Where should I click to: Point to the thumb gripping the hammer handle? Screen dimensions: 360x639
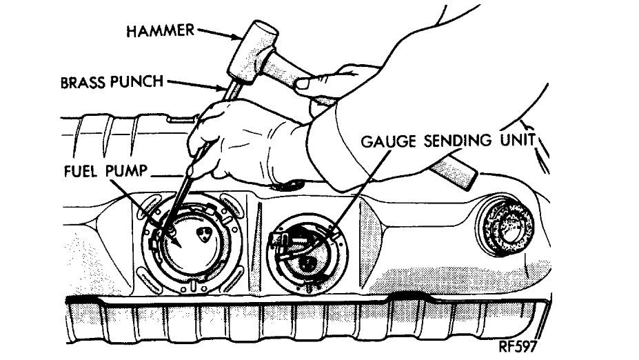(303, 83)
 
